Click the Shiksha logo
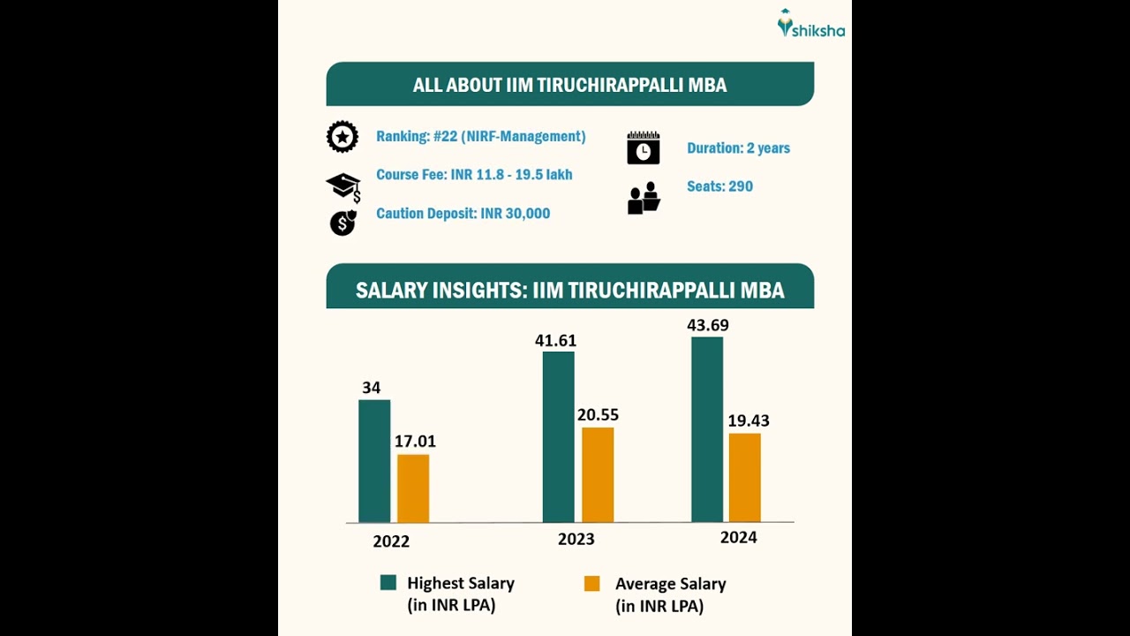(810, 25)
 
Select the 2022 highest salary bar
(374, 461)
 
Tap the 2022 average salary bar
(413, 488)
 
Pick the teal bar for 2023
(558, 437)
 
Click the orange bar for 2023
(598, 475)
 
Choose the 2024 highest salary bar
(707, 429)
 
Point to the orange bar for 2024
(744, 478)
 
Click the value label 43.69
(708, 325)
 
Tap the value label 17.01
(415, 441)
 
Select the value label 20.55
(598, 414)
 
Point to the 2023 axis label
(576, 539)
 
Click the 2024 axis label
(738, 537)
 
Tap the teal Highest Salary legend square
(388, 582)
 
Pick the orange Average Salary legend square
(591, 583)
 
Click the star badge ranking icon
(343, 137)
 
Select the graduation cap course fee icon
(343, 186)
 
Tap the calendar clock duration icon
(644, 148)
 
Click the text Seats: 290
(719, 186)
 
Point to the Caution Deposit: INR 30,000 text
(463, 214)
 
